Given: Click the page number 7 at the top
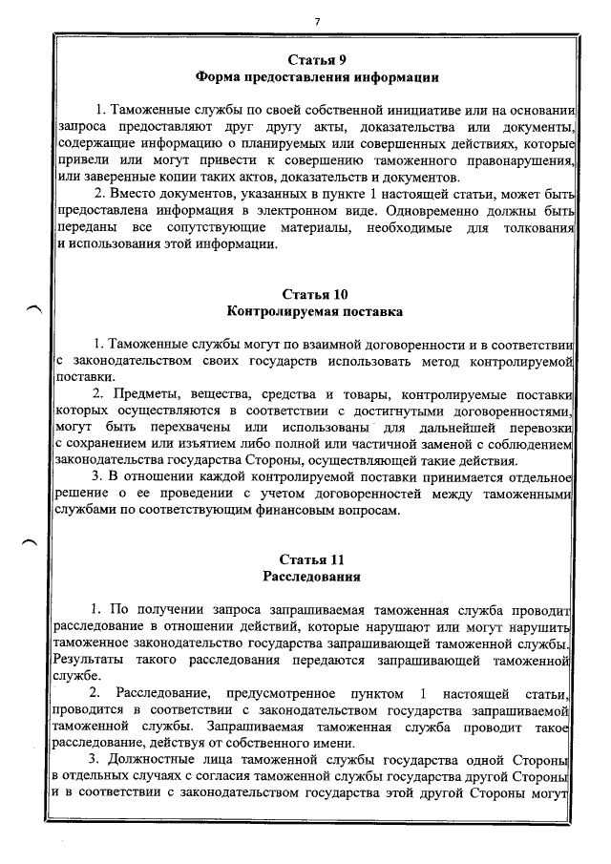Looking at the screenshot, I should point(316,20).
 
